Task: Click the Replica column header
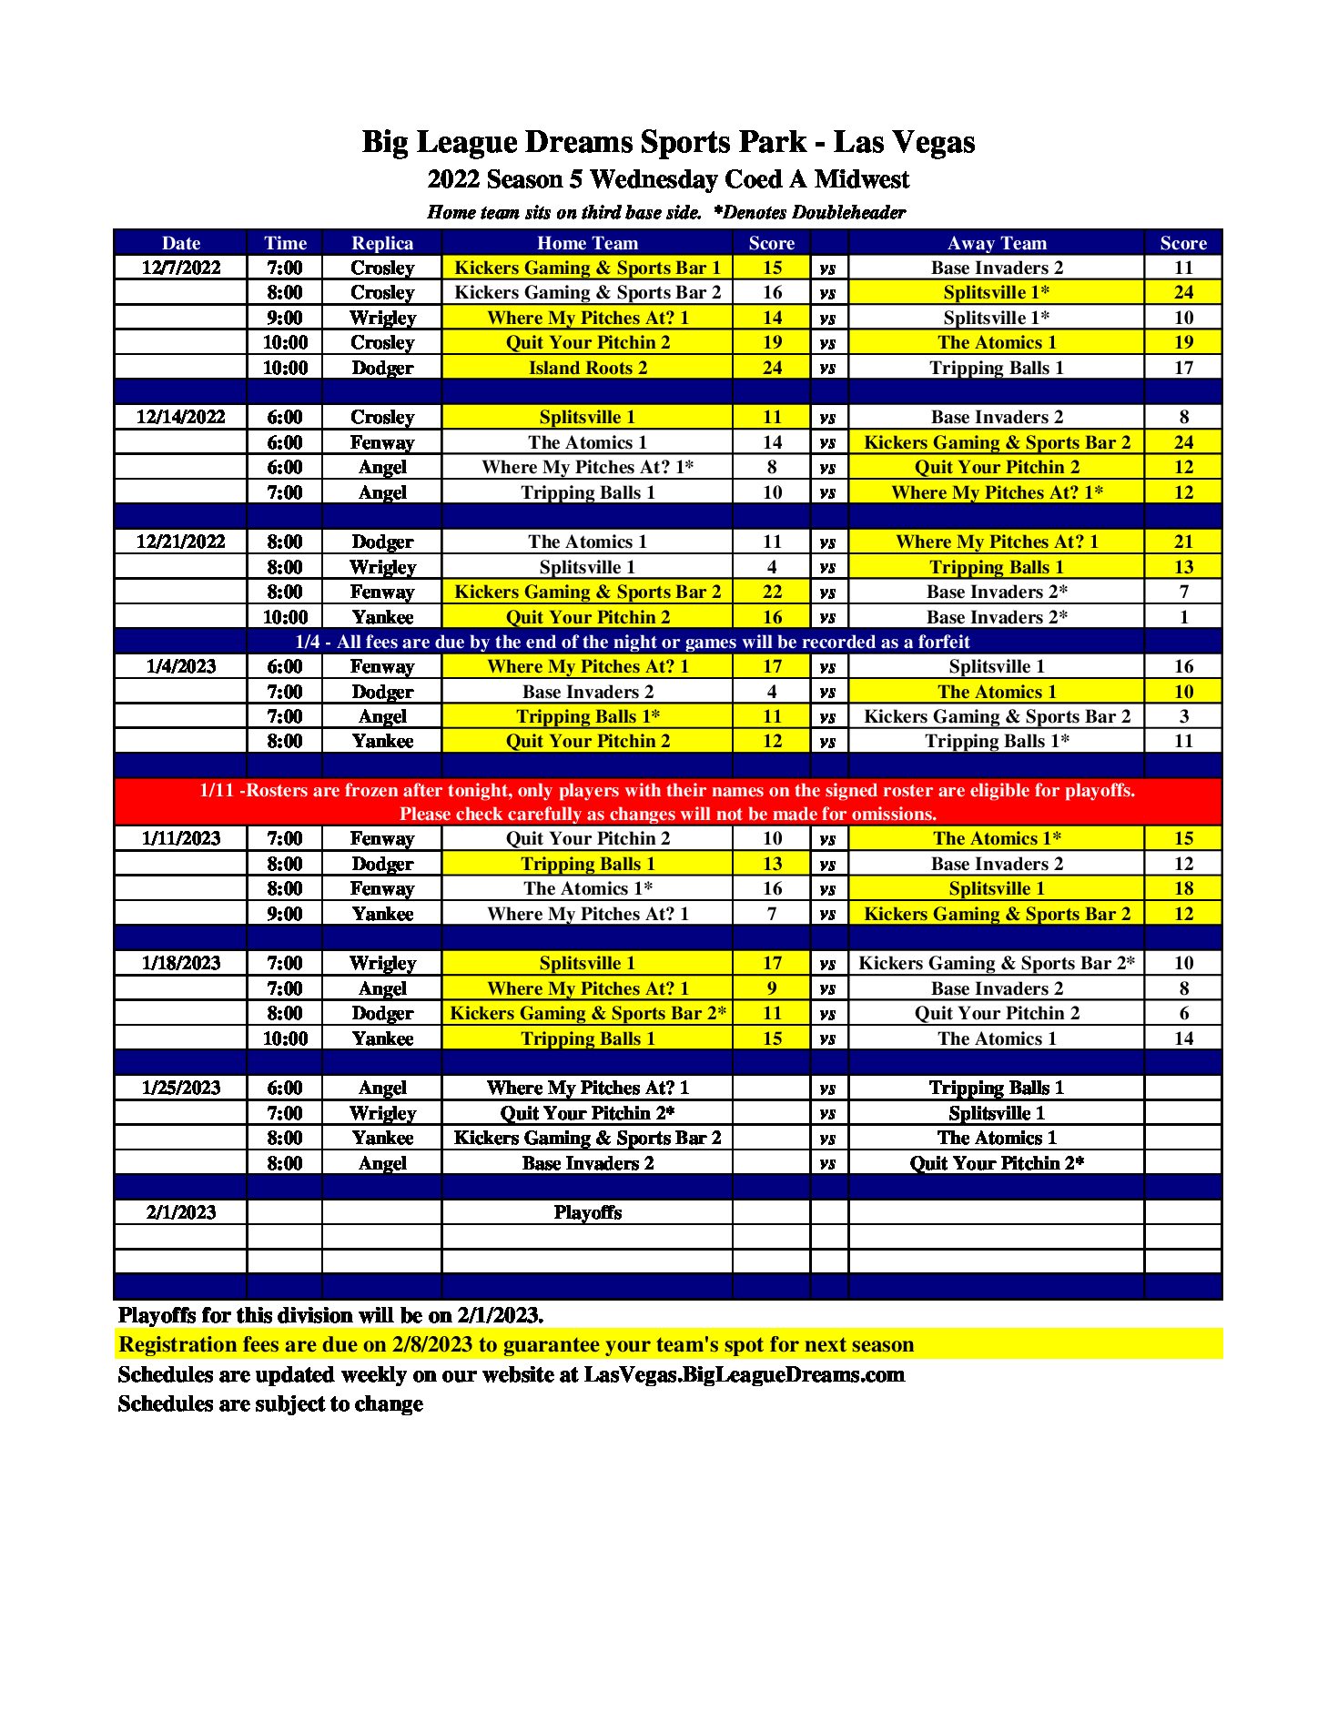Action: coord(382,243)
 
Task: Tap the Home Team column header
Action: coord(587,243)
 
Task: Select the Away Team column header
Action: coord(997,243)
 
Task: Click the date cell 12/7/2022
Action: coord(181,268)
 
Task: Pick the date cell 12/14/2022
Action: coord(181,417)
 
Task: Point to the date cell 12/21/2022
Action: coord(181,542)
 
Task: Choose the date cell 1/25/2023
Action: coord(181,1088)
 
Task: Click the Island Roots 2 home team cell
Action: coord(587,368)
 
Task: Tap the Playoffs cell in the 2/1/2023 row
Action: coord(587,1212)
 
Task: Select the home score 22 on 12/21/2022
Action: coord(772,592)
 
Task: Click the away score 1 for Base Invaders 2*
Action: coord(1183,617)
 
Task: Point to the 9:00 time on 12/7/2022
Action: coord(285,318)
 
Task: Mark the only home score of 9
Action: coord(772,988)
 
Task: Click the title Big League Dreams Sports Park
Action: coord(668,142)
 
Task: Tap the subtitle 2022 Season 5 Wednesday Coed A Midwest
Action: coord(668,179)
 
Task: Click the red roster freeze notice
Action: coord(668,802)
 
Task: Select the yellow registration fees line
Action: coord(516,1344)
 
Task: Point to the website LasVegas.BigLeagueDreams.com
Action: coord(744,1374)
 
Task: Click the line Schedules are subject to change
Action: coord(270,1403)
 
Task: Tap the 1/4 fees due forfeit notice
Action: coord(633,642)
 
